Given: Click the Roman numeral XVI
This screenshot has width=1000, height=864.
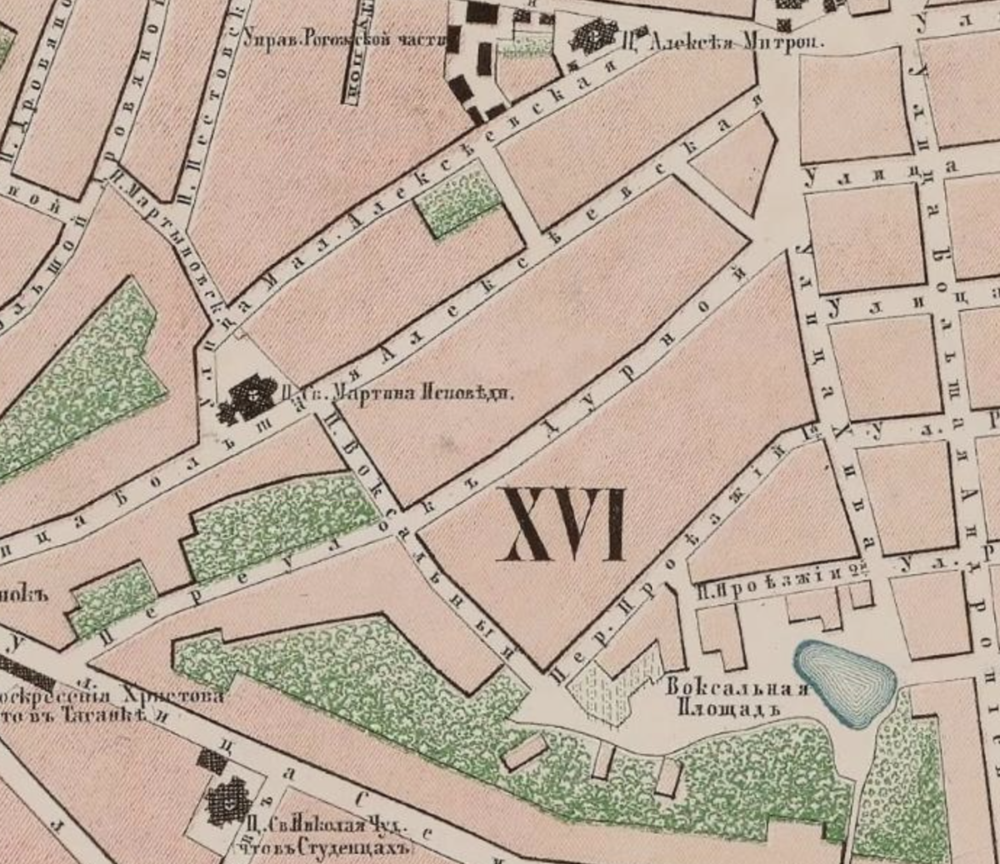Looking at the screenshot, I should click(562, 525).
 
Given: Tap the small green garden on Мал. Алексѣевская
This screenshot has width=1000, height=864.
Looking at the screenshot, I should click(459, 201).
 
